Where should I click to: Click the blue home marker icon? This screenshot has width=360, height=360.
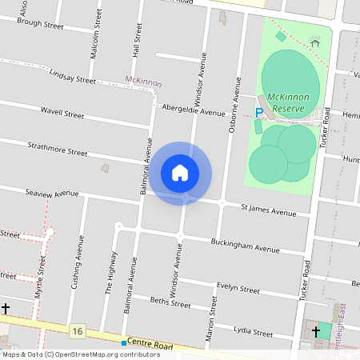pos(180,173)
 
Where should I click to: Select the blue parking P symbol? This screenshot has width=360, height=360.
pos(258,112)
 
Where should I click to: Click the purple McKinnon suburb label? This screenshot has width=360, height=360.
pos(143,82)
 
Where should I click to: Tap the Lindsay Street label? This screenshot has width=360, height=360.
pos(72,77)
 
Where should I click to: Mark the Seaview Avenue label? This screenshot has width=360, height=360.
pos(52,193)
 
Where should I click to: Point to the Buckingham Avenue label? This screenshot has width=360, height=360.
pos(245,246)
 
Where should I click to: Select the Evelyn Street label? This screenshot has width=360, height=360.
pos(238,289)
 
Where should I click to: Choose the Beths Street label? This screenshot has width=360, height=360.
pos(170,302)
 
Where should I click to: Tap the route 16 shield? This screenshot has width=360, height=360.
pos(77,330)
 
